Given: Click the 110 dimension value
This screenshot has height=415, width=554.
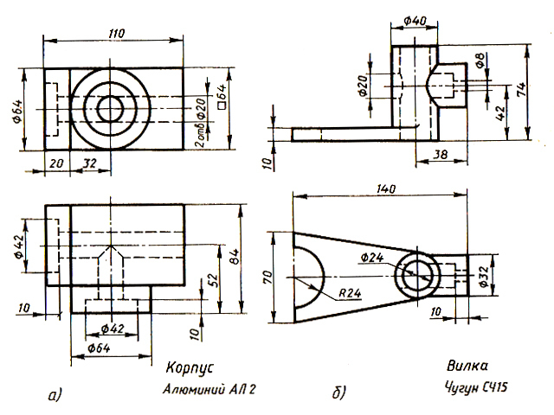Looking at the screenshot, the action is tap(117, 34).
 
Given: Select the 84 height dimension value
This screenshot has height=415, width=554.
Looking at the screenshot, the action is tap(235, 257).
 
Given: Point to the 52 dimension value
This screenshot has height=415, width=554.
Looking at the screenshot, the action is tap(214, 281).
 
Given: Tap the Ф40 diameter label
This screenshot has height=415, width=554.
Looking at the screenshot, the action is tap(415, 21).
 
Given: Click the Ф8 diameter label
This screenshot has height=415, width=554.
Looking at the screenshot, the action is tap(480, 61).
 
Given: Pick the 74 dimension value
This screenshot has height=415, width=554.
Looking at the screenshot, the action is tap(521, 90).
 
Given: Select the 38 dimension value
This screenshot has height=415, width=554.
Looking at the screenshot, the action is tap(440, 154).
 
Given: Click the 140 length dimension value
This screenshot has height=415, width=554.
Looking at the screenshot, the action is tap(386, 189).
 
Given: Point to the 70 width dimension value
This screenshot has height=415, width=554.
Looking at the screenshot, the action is tap(267, 278).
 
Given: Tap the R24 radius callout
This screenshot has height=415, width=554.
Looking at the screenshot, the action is tap(350, 293).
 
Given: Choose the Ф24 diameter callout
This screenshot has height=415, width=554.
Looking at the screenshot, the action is tap(372, 258).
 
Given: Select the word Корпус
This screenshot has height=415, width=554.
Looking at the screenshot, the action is tap(190, 367).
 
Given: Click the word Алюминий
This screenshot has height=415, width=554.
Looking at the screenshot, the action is tap(194, 390).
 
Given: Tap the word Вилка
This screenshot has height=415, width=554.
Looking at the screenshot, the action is tap(467, 365).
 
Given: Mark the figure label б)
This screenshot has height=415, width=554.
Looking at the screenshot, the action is tap(339, 392).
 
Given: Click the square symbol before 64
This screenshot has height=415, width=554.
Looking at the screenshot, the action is tap(222, 105).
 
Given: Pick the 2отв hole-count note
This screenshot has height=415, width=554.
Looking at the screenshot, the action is tap(200, 136).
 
